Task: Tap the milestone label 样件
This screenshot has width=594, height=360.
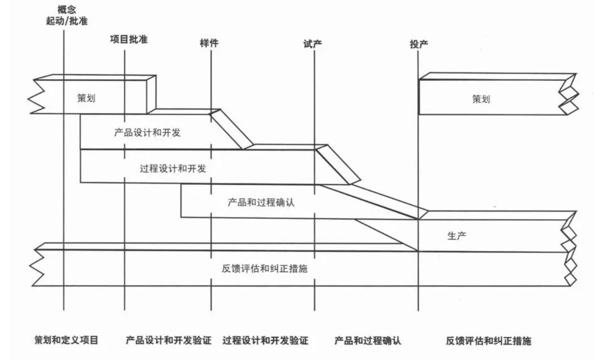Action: tap(209, 43)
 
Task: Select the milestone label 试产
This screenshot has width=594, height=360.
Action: tap(312, 43)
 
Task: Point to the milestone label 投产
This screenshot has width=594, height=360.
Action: tap(419, 44)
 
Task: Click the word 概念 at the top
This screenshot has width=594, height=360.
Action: tap(67, 9)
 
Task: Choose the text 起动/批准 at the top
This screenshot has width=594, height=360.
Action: tap(67, 21)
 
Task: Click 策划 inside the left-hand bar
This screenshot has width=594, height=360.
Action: tap(86, 98)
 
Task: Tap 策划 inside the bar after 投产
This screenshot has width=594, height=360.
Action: tap(481, 99)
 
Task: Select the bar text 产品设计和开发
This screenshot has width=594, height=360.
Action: tap(147, 133)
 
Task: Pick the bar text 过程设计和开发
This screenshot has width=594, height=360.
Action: tap(173, 168)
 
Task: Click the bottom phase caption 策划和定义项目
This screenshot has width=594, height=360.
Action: tap(66, 340)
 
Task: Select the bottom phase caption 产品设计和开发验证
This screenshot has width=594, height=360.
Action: tap(168, 341)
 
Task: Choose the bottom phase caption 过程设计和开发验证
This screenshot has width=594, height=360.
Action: tap(265, 341)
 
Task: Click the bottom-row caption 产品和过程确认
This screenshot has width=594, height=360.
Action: tap(367, 341)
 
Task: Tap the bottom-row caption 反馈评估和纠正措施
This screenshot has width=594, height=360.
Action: tap(488, 341)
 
